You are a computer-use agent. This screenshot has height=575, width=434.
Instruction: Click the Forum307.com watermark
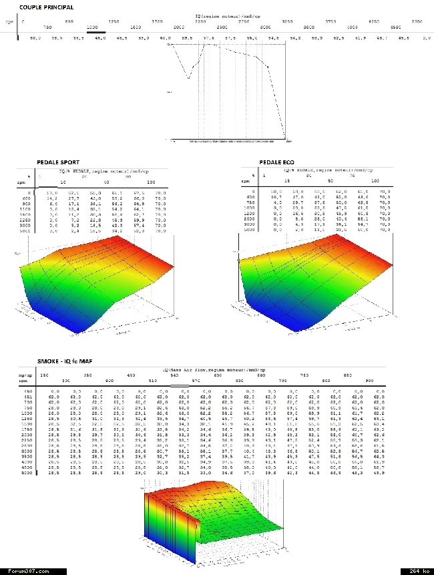(x=23, y=571)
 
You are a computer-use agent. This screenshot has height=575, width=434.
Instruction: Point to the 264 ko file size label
(x=417, y=571)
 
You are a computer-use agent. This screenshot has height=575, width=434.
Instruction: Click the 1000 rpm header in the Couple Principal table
(x=95, y=26)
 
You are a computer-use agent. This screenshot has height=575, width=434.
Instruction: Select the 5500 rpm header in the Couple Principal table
(x=417, y=21)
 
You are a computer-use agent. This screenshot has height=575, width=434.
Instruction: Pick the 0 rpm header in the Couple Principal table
(x=23, y=21)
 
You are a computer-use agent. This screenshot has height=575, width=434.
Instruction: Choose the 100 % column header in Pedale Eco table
(x=375, y=181)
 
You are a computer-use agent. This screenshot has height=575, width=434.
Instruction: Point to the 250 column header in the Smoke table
(x=44, y=376)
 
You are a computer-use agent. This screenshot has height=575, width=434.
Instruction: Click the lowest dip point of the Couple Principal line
(x=188, y=78)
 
